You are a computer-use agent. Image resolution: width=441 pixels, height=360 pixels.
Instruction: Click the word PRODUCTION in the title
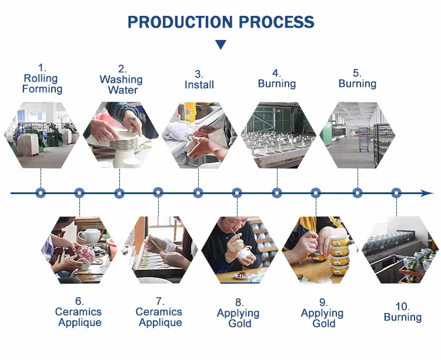point(174,22)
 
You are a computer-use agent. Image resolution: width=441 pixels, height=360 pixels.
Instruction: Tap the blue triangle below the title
point(220,45)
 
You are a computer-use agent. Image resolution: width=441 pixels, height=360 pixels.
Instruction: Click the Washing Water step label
point(121,79)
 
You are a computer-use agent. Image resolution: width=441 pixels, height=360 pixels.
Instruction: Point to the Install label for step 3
point(199,79)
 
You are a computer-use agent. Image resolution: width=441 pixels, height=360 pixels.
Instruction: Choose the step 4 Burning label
point(276,79)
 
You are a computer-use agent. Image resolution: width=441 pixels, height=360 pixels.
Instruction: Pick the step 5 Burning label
point(357,79)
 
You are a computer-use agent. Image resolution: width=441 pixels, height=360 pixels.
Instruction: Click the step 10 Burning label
point(403,312)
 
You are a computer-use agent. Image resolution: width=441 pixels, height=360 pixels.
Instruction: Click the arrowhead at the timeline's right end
point(427,193)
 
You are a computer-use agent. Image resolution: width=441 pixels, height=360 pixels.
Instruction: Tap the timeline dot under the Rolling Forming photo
point(41,192)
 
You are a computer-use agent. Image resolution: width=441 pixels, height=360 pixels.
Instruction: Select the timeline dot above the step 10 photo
point(396,192)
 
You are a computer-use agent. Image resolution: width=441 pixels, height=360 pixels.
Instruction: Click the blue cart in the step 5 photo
point(364,138)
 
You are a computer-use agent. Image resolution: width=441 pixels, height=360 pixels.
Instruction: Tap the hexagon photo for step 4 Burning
point(278,135)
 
